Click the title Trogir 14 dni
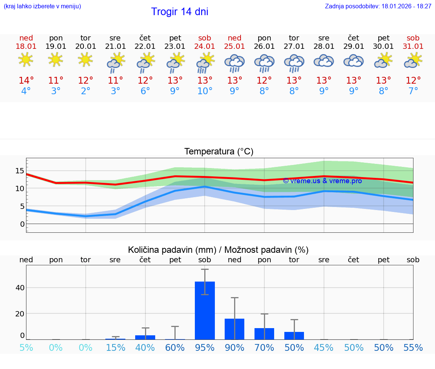coord(179,12)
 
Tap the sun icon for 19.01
coord(56,60)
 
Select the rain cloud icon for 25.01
coord(234,63)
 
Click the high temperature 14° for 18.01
coord(26,81)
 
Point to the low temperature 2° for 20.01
coord(86,91)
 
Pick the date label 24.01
coord(205,47)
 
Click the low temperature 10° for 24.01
coord(205,91)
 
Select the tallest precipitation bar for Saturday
coord(205,310)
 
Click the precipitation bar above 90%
coord(234,329)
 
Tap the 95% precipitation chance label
coord(205,348)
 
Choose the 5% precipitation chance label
coord(26,348)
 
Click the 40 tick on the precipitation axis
coord(20,288)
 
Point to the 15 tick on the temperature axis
coord(20,171)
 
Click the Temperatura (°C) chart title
coord(219,152)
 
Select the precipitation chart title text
coord(218,250)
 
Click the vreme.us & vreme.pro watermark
coord(322,181)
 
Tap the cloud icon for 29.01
coord(353,61)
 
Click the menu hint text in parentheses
coord(42,6)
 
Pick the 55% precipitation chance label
coord(413,348)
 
